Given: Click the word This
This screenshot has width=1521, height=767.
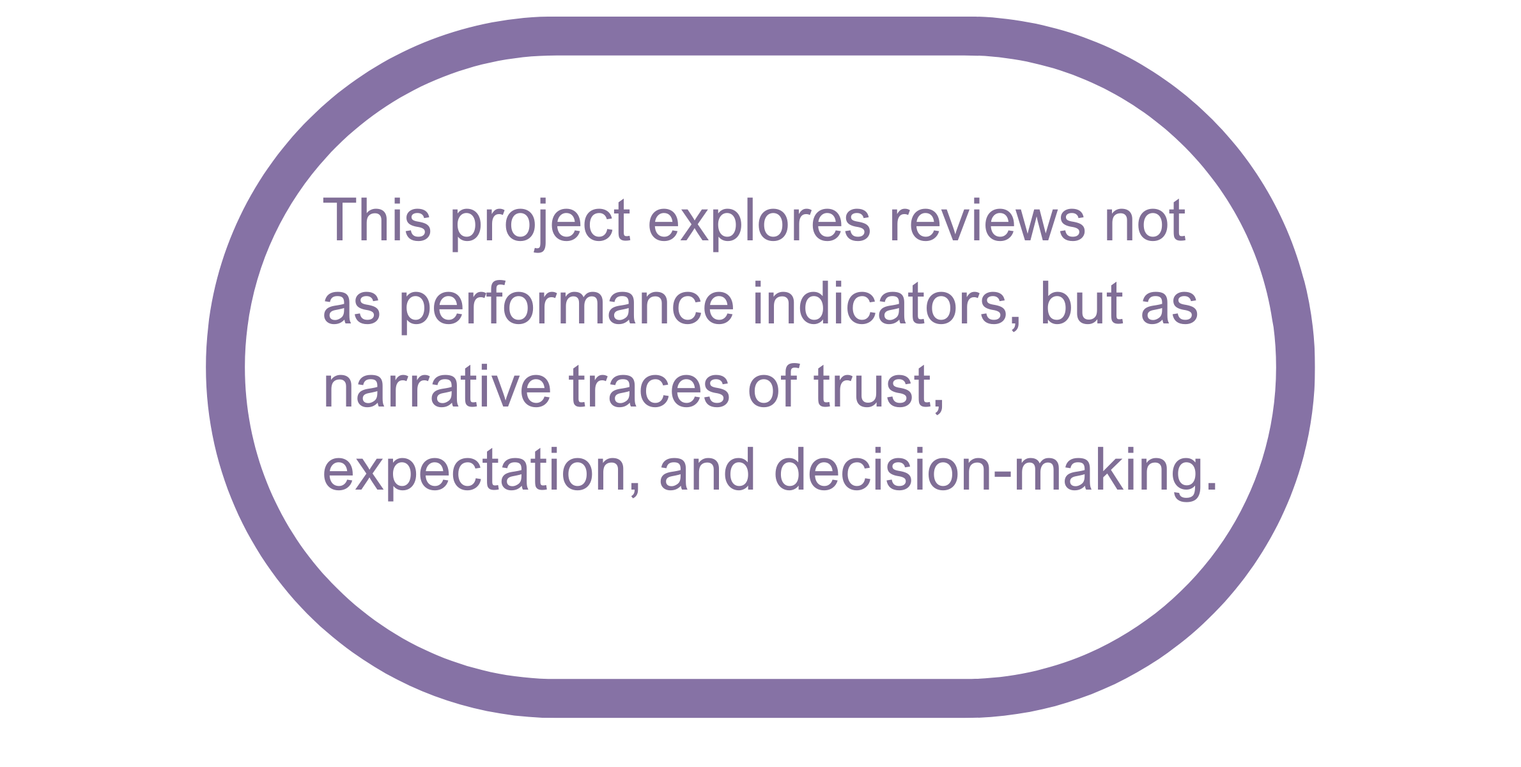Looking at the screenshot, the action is pyautogui.click(x=377, y=221).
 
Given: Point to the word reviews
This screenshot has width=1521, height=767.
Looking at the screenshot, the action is pyautogui.click(x=987, y=222).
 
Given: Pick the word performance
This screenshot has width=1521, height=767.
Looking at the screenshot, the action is pyautogui.click(x=566, y=305).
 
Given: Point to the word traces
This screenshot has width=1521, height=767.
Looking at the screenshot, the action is pyautogui.click(x=648, y=388).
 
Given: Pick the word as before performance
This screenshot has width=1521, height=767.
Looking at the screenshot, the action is pyautogui.click(x=351, y=306).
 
